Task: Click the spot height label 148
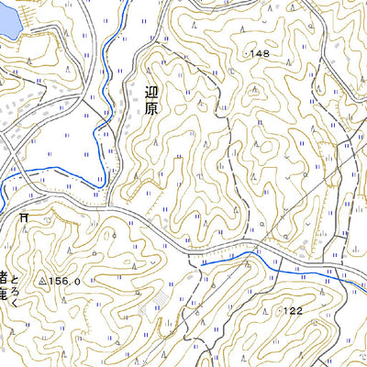(260, 54)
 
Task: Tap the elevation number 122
(294, 312)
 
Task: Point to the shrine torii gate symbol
(23, 217)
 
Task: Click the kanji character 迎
(152, 91)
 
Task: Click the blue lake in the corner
(7, 18)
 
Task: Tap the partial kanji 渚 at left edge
(4, 276)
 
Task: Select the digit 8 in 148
(267, 54)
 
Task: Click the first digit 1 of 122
(286, 312)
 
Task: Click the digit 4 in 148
(260, 54)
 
